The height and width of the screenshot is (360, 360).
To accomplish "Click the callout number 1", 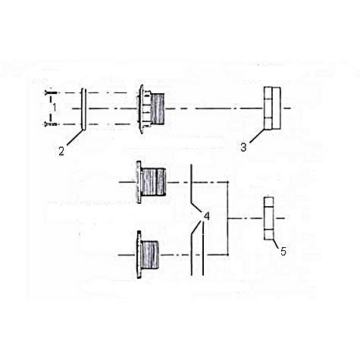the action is coord(55,108).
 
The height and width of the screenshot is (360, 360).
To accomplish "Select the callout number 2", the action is coord(61,152).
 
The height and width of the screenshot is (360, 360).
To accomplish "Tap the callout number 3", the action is coord(243,147).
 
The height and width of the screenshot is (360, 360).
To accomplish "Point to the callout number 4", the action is coord(207,217).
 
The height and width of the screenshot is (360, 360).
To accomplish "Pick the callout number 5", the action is coord(283,252).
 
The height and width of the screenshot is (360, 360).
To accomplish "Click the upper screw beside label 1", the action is coord(51,93).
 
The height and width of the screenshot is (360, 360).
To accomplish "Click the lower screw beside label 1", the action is coord(51,124).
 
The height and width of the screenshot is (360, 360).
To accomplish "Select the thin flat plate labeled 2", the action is coord(84,109).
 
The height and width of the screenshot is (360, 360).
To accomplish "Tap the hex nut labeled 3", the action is coord(272,108).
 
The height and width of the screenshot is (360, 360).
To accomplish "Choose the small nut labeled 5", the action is coord(268,218).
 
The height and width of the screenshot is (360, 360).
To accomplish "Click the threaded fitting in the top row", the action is coord(151,109).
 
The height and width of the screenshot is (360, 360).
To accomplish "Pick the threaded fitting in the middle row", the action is coord(151,182).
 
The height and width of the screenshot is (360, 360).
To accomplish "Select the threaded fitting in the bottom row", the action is coord(148,255).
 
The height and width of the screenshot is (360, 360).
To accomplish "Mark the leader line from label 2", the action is coord(75,138).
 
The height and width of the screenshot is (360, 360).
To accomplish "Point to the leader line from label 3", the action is coord(257,136).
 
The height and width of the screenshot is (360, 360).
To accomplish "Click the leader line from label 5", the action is coord(276,244).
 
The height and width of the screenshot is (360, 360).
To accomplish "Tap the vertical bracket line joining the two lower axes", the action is coord(227,218).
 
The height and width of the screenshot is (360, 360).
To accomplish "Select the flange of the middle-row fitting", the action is coord(139,182).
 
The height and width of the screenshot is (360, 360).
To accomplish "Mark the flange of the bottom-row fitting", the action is coord(139,255).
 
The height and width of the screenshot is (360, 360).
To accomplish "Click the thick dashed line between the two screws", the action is coord(51,108).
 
